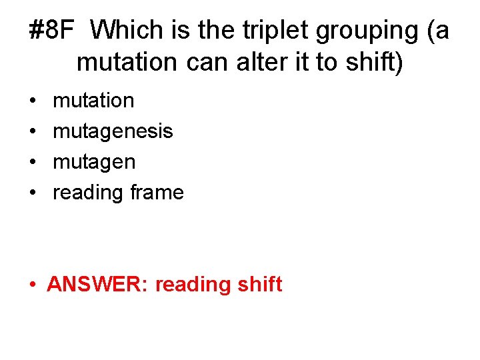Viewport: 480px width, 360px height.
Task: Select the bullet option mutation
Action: [x=93, y=101]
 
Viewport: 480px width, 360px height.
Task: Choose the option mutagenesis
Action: [x=113, y=131]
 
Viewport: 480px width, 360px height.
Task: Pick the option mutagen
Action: [x=94, y=162]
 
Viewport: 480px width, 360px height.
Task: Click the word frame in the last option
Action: [x=157, y=193]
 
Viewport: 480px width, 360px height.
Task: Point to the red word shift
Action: [x=259, y=285]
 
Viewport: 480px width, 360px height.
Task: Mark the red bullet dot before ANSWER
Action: [x=33, y=285]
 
